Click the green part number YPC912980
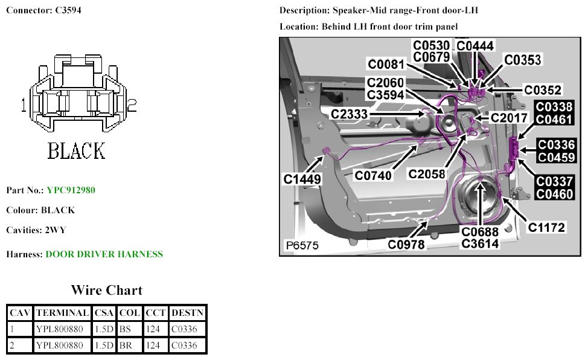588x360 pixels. pos(71,190)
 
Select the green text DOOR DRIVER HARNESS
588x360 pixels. pos(104,254)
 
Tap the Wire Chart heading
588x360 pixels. pos(106,291)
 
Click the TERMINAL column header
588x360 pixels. pos(63,313)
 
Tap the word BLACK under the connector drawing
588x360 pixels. pos(77,150)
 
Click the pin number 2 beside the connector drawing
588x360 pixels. pos(131,106)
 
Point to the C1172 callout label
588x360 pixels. pos(546,227)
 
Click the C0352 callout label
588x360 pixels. pos(543,90)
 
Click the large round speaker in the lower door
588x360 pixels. pos(480,199)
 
